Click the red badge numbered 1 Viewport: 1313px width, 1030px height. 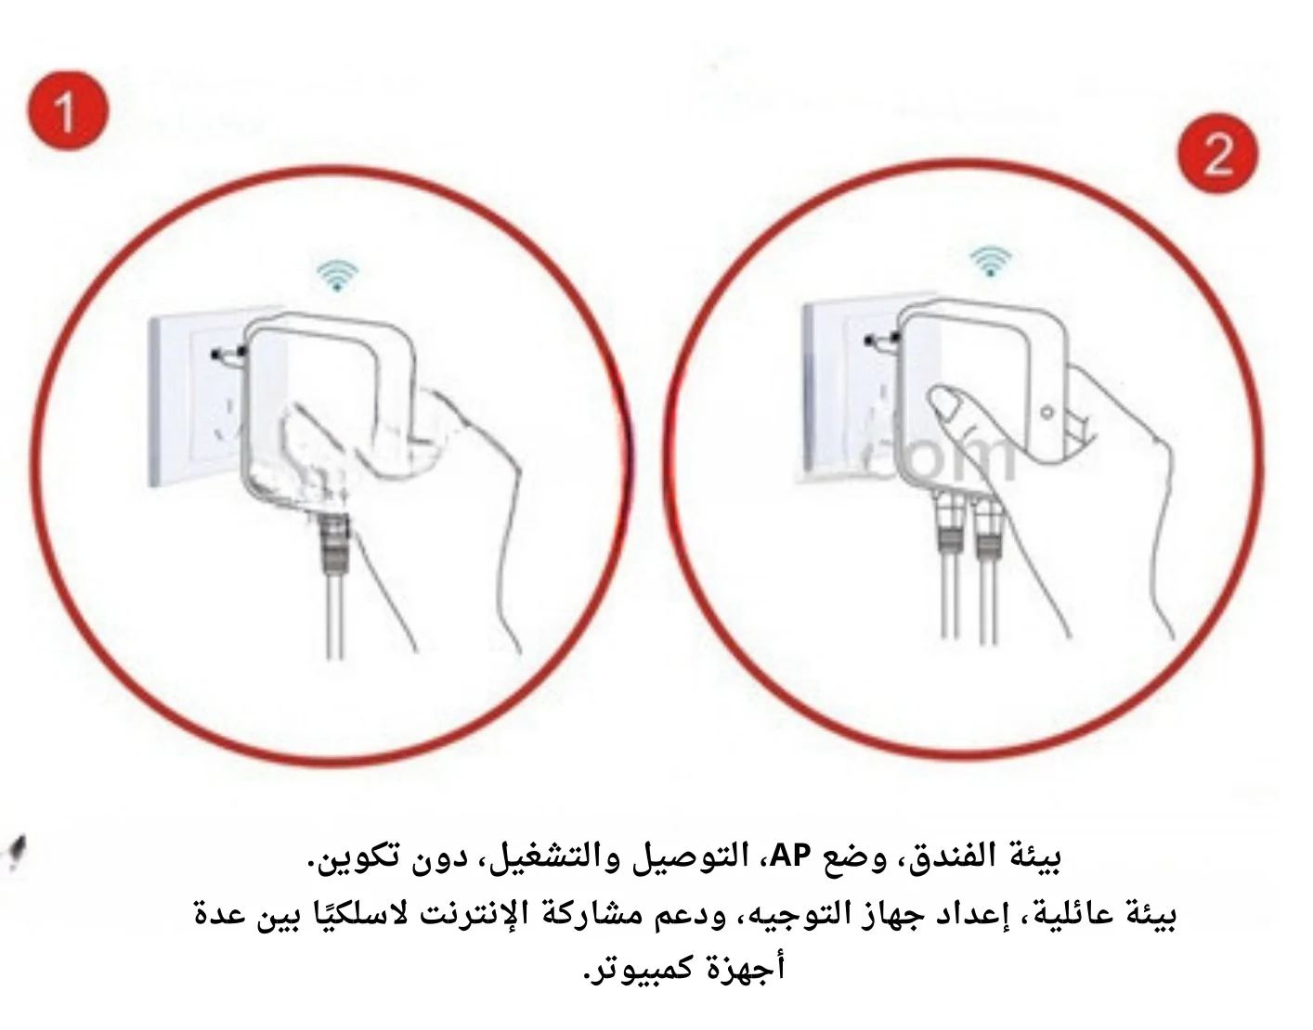tap(68, 111)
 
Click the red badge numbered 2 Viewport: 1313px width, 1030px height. tap(1217, 153)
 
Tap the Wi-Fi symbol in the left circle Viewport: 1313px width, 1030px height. tap(338, 276)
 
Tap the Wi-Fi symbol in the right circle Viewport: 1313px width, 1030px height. tap(991, 261)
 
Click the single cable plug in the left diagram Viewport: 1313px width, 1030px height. tap(334, 542)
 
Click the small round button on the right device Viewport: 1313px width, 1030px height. tap(1047, 413)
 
